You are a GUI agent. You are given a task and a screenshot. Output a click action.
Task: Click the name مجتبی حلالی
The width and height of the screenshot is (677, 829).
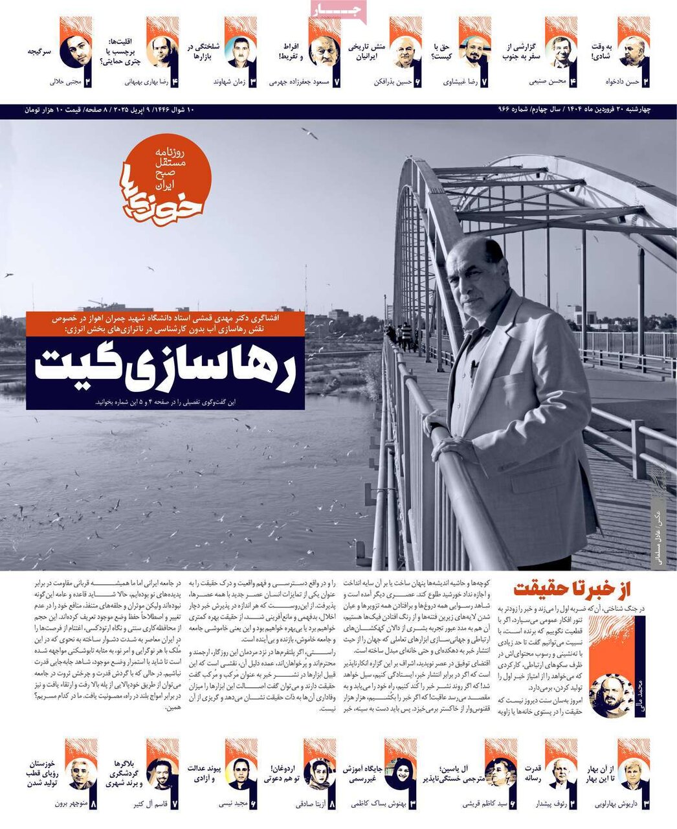pos(64,82)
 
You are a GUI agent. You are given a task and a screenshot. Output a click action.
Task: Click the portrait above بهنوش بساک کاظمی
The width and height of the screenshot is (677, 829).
pos(399,773)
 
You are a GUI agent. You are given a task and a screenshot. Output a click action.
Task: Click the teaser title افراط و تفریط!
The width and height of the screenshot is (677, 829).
pos(293,52)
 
